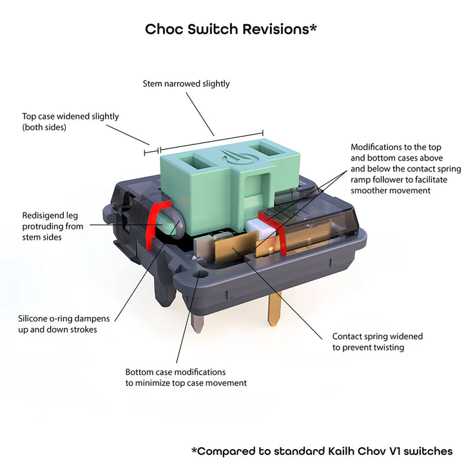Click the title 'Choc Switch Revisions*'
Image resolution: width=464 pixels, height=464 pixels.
point(231,30)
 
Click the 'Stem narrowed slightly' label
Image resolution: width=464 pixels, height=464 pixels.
point(186,84)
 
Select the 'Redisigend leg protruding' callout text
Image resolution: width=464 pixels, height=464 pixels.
point(53,226)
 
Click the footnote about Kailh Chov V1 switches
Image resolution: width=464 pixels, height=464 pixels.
point(322,451)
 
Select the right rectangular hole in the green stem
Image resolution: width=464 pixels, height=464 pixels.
point(267,151)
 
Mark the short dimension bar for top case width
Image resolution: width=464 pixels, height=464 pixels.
point(152,151)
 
